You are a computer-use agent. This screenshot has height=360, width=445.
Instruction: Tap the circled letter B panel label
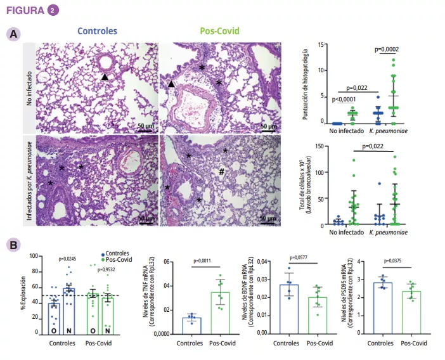pos(11,244)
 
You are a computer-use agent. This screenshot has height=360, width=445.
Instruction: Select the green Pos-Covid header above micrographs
pos(219,30)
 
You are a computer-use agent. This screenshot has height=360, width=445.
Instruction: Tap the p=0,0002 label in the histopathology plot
pos(386,49)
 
